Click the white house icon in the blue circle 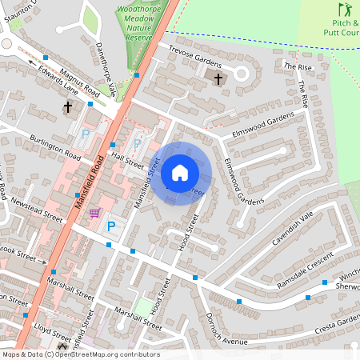(180, 172)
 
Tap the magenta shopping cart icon (94, 213)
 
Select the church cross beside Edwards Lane (68, 106)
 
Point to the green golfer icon (345, 10)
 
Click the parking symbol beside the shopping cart (111, 227)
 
